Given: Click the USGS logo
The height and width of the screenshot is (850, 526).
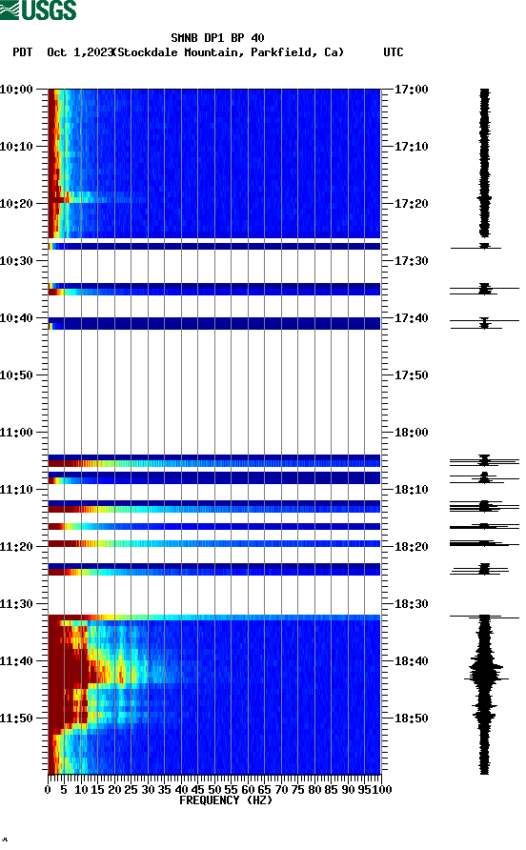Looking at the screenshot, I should pos(38,11).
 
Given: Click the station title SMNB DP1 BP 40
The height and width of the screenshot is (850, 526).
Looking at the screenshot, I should pos(217,38).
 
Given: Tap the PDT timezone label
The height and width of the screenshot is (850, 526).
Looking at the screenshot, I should pos(23,52).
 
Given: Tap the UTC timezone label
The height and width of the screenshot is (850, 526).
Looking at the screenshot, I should pos(393,52).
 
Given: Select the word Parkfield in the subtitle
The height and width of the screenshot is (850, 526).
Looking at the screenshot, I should pos(286,52).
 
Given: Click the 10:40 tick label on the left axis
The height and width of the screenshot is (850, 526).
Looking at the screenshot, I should pos(18,318).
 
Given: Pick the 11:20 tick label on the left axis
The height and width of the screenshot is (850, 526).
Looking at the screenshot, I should pos(18,547).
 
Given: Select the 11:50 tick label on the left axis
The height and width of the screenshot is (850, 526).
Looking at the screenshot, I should pos(18,718).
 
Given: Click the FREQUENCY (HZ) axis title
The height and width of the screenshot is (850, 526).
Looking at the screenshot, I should pos(225,800).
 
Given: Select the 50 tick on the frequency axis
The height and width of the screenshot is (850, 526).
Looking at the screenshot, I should pos(214,789).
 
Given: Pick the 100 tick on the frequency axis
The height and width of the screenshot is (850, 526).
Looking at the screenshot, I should pos(382,789).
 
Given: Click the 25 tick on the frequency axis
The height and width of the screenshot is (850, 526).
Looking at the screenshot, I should pos(131,789).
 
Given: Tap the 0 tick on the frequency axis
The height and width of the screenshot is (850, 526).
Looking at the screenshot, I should pos(49,789).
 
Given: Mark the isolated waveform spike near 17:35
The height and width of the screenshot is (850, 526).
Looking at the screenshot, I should pos(484,288).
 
